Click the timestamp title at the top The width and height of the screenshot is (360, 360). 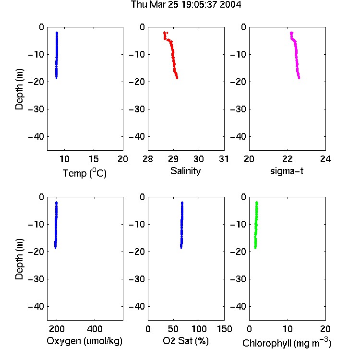point(186,5)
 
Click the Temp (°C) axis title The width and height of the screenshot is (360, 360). point(84,173)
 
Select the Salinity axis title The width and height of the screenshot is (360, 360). point(185,171)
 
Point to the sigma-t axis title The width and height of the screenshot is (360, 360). point(287,171)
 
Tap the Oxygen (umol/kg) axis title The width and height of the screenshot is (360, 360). point(84,341)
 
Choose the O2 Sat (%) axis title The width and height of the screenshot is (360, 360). point(186,341)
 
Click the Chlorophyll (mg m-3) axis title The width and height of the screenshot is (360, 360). point(287,343)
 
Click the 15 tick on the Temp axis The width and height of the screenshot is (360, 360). point(94,159)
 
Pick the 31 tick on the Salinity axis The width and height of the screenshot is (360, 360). point(224,159)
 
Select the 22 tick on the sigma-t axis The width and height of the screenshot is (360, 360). point(288,159)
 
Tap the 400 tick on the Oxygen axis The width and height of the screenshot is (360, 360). point(95,329)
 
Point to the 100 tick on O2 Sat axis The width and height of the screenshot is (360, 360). point(199,329)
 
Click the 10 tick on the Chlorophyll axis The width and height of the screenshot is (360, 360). point(288,329)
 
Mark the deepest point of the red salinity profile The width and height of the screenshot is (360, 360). point(177,78)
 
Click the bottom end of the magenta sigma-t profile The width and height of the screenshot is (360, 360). point(299,78)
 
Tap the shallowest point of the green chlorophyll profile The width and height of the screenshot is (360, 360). point(257,203)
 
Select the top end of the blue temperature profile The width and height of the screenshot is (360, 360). point(57,33)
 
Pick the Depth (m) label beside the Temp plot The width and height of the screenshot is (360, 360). point(19,89)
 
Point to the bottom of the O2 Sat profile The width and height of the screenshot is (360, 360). point(181,248)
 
